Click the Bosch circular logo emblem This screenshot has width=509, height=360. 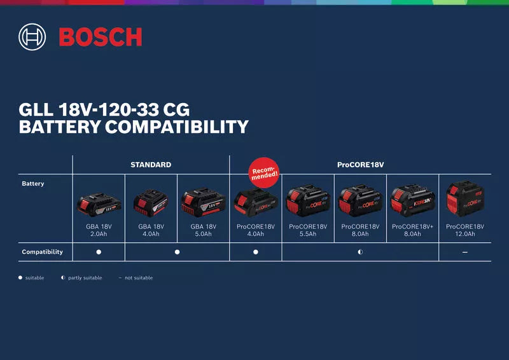coord(33,37)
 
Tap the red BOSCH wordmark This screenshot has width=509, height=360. coord(101,37)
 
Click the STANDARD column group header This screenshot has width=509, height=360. coord(151,165)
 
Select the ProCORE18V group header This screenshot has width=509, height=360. coord(360,165)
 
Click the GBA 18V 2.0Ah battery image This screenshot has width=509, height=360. coord(99,204)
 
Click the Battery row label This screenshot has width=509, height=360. coord(33,184)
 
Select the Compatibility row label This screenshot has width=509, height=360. coord(42,252)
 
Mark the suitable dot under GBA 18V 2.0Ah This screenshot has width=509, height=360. coord(99,253)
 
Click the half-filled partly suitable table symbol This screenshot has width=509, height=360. coord(360,253)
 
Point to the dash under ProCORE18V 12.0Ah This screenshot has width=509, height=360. coord(465,253)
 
